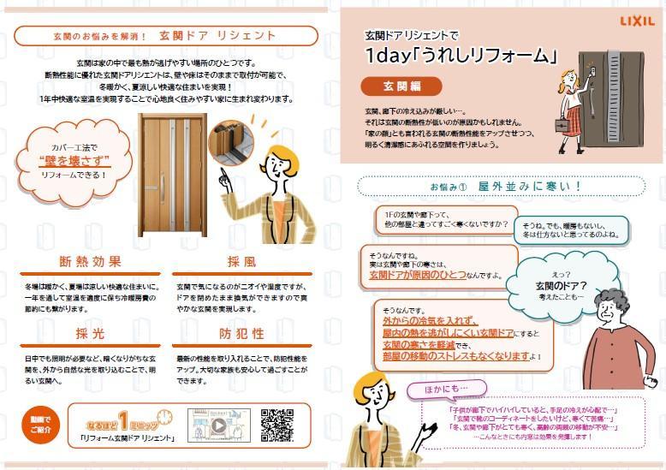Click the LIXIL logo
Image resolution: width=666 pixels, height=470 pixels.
[x=636, y=20]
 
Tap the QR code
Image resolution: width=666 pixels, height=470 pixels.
[x=277, y=425]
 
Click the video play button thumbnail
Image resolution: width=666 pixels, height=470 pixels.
[x=218, y=425]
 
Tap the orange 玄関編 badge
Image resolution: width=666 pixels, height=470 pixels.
[x=401, y=86]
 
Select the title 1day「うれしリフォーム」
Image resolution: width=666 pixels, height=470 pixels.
[x=461, y=57]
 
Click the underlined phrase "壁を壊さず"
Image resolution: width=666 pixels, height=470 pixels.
[x=71, y=160]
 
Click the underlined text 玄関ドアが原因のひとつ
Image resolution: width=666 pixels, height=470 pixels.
[x=417, y=275]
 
